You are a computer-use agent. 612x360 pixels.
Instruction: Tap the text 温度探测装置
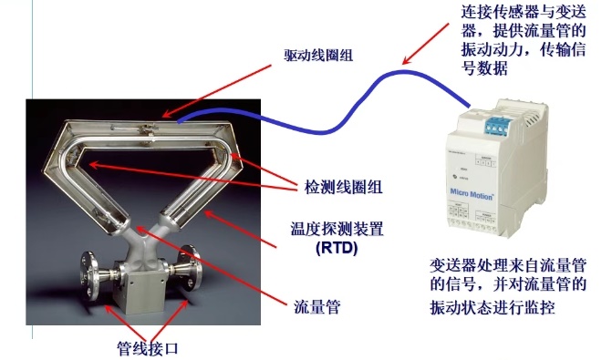[x=331, y=228]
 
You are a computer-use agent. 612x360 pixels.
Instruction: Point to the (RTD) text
[x=329, y=248]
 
